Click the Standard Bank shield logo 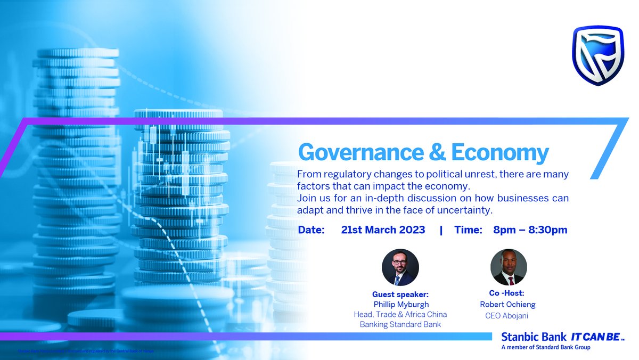(601, 57)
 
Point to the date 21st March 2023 (383, 230)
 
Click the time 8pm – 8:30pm (530, 230)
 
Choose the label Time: (469, 230)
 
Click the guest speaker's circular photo (400, 267)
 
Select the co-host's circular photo (509, 267)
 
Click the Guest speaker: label (400, 294)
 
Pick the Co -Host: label (506, 293)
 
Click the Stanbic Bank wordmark (534, 337)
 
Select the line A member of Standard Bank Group (546, 348)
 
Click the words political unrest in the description (438, 174)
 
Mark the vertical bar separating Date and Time (441, 230)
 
